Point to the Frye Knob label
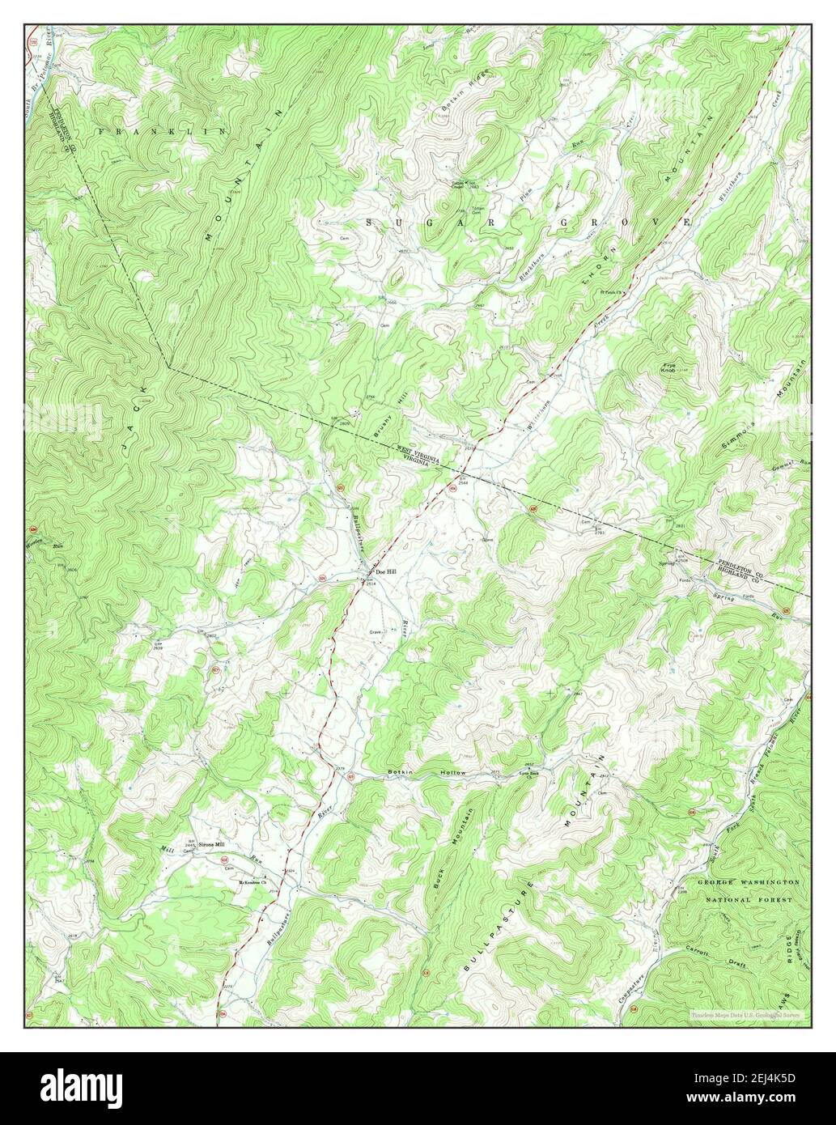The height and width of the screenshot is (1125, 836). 667,369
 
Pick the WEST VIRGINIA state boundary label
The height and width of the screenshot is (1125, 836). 418,452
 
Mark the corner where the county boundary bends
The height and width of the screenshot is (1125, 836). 168,368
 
